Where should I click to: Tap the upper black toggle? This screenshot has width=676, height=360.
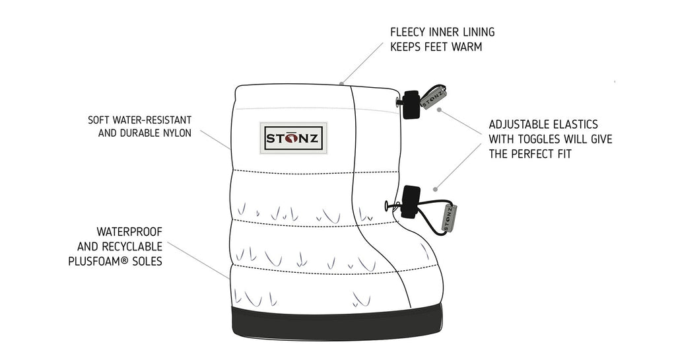[412, 104]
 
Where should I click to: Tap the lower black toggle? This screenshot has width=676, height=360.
[411, 201]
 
